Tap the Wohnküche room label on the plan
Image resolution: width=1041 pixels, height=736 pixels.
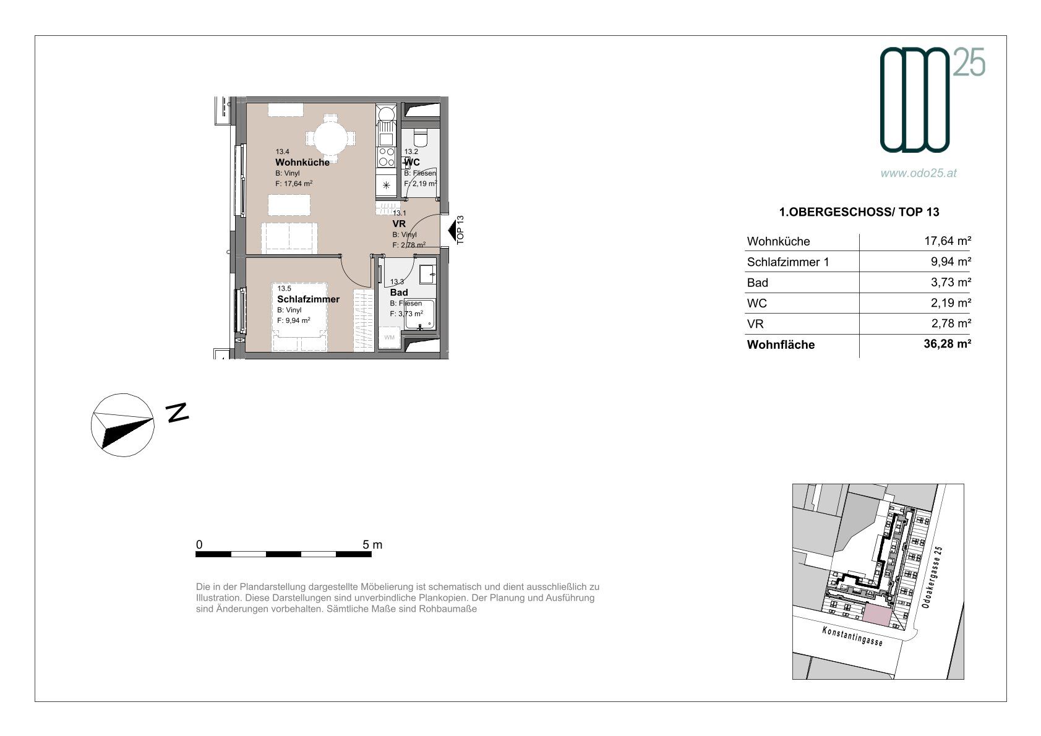pos(302,162)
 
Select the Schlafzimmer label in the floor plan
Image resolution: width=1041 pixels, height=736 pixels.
pos(308,299)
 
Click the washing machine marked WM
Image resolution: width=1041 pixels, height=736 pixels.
pos(390,337)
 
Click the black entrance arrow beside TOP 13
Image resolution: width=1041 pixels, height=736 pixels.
pos(452,230)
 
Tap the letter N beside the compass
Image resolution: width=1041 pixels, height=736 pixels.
pos(178,412)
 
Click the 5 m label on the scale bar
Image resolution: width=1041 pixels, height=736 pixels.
pos(372,544)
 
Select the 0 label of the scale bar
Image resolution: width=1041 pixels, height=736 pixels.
pos(199,544)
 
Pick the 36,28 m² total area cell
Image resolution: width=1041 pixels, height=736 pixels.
pos(947,343)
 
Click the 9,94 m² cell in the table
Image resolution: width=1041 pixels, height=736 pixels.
pos(951,261)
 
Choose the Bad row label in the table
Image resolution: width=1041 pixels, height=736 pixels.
pos(757,283)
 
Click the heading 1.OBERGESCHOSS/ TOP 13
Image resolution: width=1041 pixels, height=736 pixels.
pos(859,212)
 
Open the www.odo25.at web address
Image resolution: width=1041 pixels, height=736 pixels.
pos(919,173)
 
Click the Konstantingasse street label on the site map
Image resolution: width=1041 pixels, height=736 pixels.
pos(852,636)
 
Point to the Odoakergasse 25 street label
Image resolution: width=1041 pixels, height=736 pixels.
pos(932,577)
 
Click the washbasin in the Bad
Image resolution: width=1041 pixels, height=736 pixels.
pos(427,274)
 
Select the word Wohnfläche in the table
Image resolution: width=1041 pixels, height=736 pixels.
pos(781,344)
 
